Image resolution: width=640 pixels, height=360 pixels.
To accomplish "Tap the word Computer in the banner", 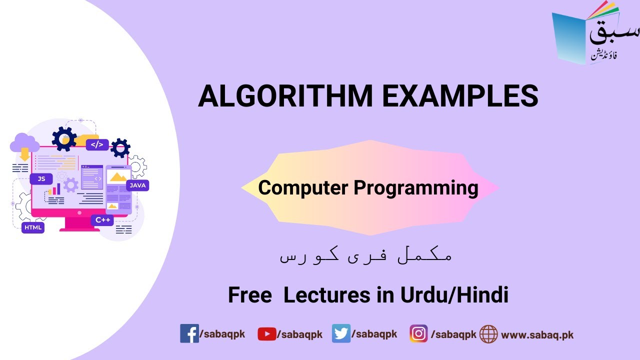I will click(303, 188).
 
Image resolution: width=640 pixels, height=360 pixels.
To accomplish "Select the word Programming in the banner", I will click(416, 188).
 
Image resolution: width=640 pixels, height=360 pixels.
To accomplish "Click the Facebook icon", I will click(189, 333).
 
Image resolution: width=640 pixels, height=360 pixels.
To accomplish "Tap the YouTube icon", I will click(266, 334).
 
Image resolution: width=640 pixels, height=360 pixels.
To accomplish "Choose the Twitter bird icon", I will click(341, 333).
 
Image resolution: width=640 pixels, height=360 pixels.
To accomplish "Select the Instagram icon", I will click(418, 333).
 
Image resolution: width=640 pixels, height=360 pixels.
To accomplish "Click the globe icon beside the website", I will click(488, 334).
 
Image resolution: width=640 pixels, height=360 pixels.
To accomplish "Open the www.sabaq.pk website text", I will click(537, 334).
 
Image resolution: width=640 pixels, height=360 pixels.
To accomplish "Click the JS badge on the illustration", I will click(41, 178).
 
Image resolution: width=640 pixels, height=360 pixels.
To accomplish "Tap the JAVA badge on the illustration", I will click(137, 185).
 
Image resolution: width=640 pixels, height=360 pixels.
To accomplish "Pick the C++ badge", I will click(102, 220).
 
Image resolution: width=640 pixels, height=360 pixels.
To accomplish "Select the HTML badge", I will click(33, 227).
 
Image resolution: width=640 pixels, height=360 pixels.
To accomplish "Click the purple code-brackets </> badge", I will click(97, 144).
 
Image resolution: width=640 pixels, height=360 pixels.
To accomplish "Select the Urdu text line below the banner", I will click(365, 256).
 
